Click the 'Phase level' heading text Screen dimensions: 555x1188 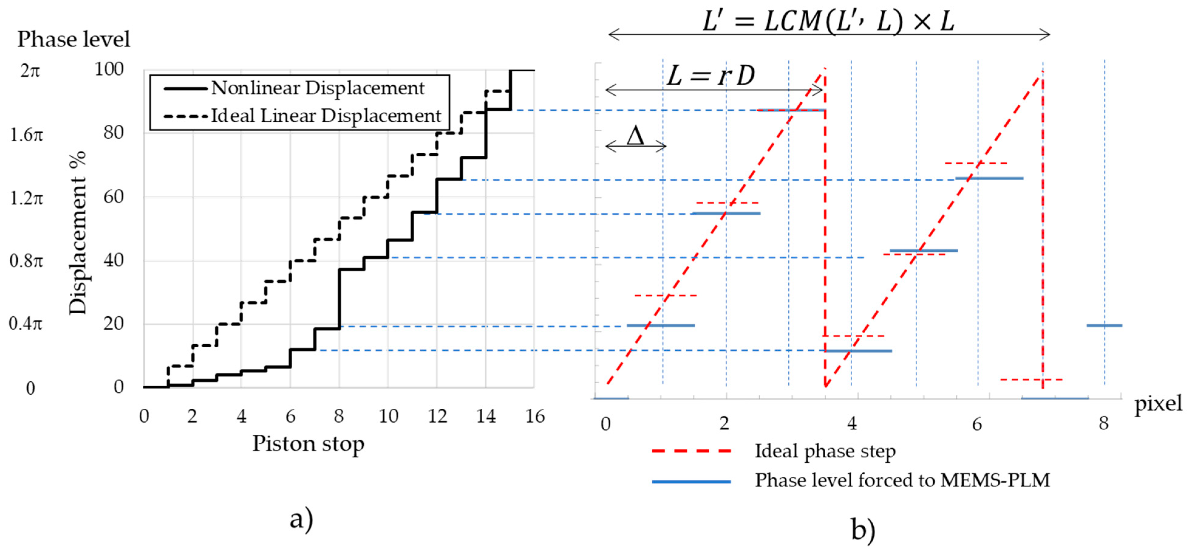[74, 39]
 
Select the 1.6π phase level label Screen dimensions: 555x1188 [26, 135]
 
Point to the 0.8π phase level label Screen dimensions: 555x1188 [26, 261]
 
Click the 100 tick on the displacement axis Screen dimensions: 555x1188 [109, 70]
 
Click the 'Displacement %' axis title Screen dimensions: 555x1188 [77, 233]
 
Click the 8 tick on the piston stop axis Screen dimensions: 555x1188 [339, 417]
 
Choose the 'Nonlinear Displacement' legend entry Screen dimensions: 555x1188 [317, 88]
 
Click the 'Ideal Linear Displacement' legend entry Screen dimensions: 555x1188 [326, 116]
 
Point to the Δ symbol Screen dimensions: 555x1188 [636, 136]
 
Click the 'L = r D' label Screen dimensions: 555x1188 [711, 76]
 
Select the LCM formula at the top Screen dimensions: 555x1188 [828, 21]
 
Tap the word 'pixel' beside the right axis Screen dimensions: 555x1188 [1158, 404]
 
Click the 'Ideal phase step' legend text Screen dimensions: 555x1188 [825, 451]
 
